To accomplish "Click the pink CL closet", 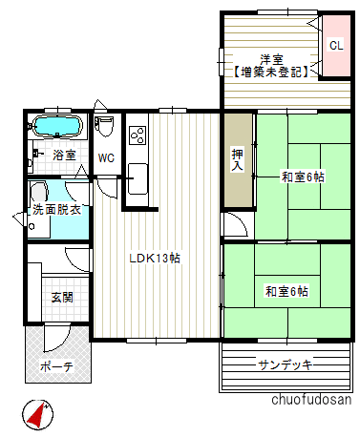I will (335, 45).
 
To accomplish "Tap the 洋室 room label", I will (270, 58).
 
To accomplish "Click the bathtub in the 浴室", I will (58, 127).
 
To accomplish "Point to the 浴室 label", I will (64, 155).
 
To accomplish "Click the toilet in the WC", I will (106, 128).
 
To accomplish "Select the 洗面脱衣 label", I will (57, 209).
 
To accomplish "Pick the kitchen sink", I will (137, 174).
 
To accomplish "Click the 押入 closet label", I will (238, 159).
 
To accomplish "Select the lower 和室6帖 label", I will (286, 291).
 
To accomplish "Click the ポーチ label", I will (56, 366).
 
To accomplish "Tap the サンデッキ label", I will (286, 364).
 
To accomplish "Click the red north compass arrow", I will (35, 414).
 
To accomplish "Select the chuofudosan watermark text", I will (311, 400).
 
